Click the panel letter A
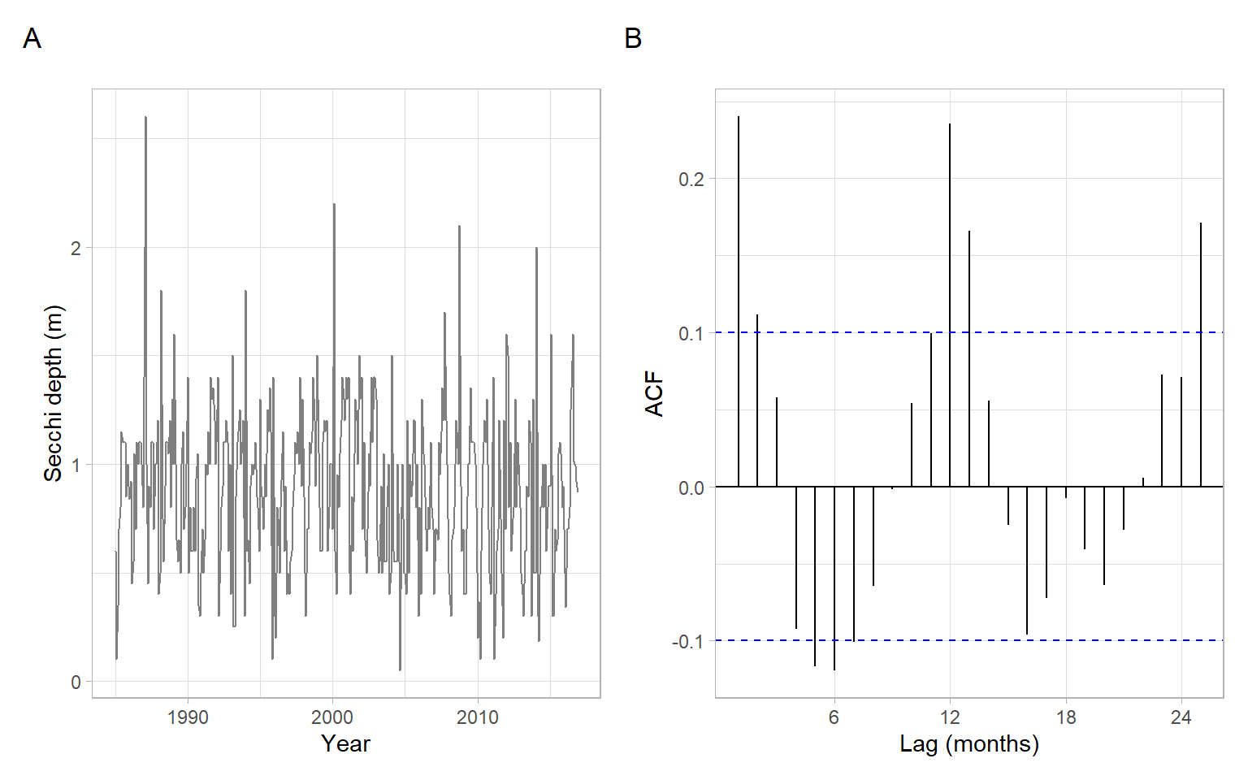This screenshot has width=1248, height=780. click(x=32, y=39)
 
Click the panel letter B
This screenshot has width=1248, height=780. click(x=633, y=39)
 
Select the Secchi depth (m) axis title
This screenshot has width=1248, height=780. click(x=53, y=393)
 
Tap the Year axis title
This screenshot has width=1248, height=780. click(x=345, y=743)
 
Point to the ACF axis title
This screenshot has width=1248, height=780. click(x=654, y=394)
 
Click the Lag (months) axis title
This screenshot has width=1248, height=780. click(x=969, y=743)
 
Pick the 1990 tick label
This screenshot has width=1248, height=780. click(x=188, y=717)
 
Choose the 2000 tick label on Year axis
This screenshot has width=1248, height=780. click(x=332, y=717)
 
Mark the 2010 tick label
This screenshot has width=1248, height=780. click(x=477, y=717)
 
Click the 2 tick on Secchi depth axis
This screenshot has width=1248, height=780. click(x=76, y=249)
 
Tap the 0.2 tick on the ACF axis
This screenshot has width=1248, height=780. click(x=691, y=179)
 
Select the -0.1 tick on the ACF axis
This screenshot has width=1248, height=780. click(x=688, y=642)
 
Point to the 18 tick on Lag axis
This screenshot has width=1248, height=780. click(x=1065, y=717)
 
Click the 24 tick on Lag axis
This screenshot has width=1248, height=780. click(x=1181, y=717)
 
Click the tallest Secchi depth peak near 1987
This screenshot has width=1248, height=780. click(x=145, y=119)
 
